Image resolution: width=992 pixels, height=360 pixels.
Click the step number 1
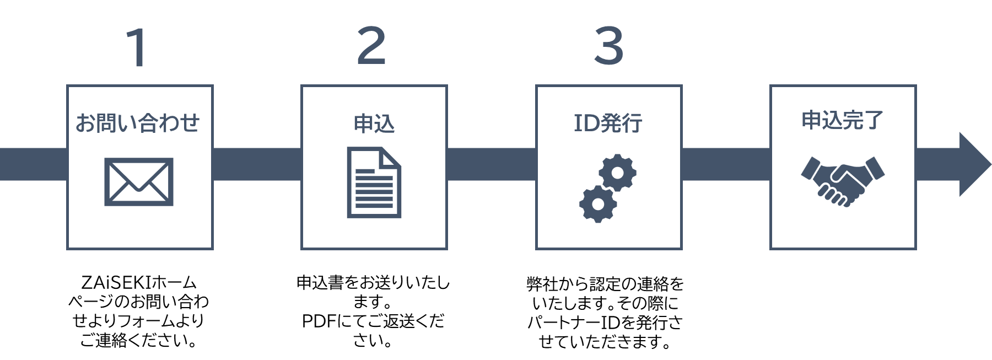(137, 48)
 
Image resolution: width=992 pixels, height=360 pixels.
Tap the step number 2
(371, 46)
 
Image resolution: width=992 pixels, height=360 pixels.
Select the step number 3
(608, 46)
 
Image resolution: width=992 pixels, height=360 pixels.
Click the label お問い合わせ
(138, 122)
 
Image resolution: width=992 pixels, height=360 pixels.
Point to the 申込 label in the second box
(374, 123)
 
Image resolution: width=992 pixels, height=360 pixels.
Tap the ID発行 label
(608, 123)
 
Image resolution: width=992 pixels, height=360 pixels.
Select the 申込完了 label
(842, 120)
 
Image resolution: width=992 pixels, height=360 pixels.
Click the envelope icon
(139, 182)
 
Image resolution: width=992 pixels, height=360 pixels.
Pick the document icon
(374, 182)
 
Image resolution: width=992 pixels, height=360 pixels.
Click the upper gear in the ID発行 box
(618, 173)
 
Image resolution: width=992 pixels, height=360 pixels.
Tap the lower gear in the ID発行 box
(598, 204)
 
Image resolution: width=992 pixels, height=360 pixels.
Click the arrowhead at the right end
(973, 164)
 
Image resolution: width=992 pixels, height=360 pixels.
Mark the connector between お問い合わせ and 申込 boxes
(257, 164)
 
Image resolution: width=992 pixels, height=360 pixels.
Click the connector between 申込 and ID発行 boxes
(491, 164)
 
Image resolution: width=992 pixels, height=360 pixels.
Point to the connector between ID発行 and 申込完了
(726, 164)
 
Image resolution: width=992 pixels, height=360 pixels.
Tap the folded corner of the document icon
(390, 157)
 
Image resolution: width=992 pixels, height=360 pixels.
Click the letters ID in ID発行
(586, 123)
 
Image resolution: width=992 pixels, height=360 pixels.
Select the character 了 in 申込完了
(874, 120)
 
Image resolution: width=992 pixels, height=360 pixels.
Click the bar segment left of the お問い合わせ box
(33, 164)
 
